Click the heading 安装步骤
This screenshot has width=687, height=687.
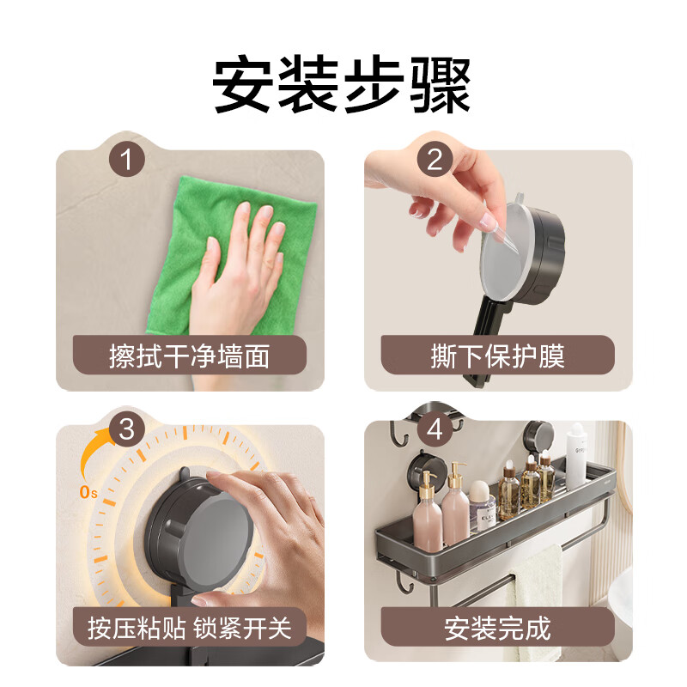point(341,83)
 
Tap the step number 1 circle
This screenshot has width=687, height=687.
point(126,159)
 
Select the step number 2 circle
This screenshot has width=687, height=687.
point(435,159)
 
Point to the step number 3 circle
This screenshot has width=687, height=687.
point(126,429)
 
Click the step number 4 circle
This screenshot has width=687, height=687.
point(435,429)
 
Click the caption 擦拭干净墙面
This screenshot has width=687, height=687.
point(189,356)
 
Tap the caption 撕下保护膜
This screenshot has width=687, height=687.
point(498,356)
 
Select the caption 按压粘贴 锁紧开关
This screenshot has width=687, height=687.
point(189,628)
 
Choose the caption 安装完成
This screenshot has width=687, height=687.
point(498,628)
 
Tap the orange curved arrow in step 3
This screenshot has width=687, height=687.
point(94,452)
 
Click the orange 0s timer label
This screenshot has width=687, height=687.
point(88,492)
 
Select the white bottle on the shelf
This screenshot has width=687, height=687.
point(575,456)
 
